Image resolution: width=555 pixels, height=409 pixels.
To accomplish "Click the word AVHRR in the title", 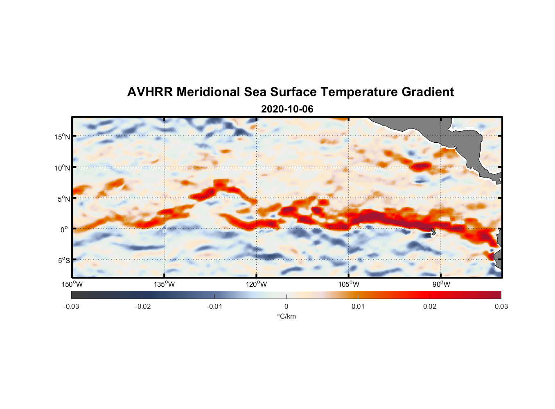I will pos(150,92).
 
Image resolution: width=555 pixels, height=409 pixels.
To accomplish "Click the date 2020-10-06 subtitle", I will pos(287,109).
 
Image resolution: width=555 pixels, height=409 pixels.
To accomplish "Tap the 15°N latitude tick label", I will pos(62,137).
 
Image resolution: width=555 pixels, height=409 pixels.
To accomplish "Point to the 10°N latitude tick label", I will pos(62,168).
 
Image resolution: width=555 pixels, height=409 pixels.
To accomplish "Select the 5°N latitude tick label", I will pos(63,199).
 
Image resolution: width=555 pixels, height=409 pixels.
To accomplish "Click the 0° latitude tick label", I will pos(64,229).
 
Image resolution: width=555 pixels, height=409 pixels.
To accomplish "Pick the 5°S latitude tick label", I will pos(63,261).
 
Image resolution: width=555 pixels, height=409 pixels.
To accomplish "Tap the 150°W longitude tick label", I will pos(72,284).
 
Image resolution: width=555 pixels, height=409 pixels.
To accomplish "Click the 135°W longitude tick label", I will pos(164,284).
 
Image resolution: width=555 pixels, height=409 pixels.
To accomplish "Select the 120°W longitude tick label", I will pos(256,284).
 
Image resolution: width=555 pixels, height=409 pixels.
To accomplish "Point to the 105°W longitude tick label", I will pos(349,284).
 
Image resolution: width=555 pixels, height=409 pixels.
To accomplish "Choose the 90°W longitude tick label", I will pos(441,284).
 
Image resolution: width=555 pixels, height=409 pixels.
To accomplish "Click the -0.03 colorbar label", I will pos(71,307).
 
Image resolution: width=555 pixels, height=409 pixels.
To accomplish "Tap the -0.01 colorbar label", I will pos(214,307).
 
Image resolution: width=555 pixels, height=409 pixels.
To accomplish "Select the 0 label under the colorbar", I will pos(286,307).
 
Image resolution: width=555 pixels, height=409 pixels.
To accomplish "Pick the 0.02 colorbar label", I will pos(429,307).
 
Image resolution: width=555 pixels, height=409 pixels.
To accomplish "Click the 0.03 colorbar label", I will pos(501,307).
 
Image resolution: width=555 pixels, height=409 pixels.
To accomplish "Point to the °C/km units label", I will pos(286,317).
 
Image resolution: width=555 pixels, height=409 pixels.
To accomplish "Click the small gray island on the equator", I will pos(433,232).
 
